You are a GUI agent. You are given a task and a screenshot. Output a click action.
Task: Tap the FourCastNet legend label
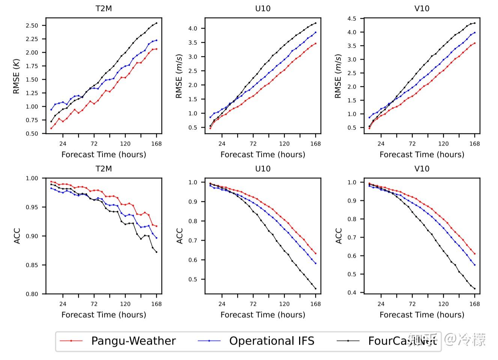point(402,341)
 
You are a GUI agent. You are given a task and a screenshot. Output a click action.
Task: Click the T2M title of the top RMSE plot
point(104,9)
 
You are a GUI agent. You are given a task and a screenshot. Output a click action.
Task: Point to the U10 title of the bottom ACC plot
point(263,169)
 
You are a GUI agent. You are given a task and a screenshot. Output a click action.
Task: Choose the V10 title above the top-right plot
point(422,9)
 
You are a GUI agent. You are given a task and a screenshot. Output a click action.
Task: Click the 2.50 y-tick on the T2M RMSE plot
point(32,25)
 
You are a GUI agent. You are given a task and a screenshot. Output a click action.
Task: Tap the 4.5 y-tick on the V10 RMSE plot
point(352,19)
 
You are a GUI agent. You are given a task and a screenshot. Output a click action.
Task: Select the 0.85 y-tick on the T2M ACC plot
point(32,265)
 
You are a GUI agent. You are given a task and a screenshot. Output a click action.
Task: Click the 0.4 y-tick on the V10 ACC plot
point(352,292)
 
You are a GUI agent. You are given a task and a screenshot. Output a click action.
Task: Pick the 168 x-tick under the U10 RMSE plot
point(316,144)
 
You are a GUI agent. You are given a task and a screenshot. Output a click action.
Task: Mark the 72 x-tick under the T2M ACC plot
point(94,304)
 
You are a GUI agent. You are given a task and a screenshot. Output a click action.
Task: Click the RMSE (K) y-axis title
point(16,76)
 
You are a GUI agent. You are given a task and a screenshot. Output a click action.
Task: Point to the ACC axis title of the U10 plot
point(179,236)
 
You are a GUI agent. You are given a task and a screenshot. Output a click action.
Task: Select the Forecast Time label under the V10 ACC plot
point(422,315)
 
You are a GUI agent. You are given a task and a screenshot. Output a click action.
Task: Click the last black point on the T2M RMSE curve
point(156,23)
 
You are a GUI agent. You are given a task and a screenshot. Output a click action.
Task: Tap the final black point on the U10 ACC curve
point(316,289)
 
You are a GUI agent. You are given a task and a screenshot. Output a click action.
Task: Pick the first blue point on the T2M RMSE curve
point(51,109)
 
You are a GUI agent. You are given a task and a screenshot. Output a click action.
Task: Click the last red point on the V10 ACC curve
point(475,254)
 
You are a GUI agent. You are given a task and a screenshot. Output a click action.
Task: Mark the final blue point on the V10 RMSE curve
point(475,33)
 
